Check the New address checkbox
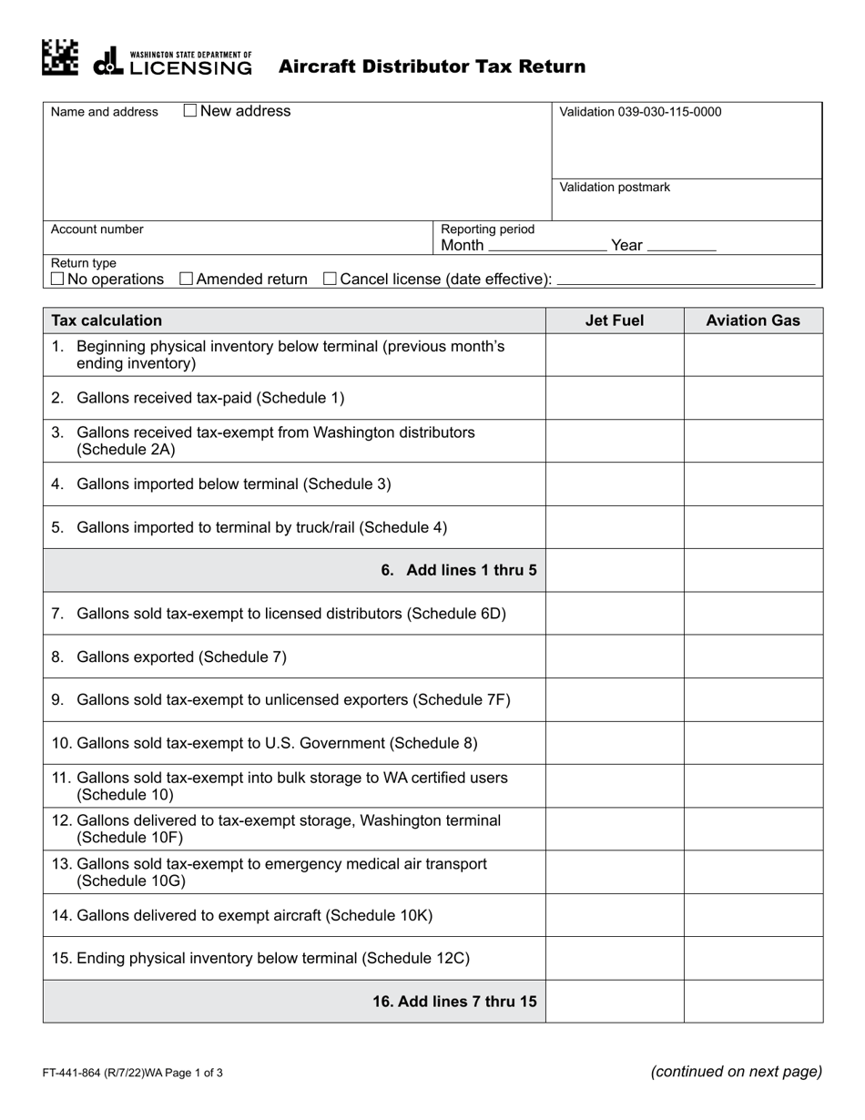pos(190,111)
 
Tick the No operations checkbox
pos(57,279)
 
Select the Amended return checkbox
pos(187,279)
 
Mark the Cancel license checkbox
pos(331,279)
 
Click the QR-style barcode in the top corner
pos(60,56)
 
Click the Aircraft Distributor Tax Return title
pos(432,66)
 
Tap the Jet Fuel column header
pos(614,321)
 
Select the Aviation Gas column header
pos(753,321)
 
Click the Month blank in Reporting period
pos(546,246)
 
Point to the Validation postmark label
pos(615,188)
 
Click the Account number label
pos(97,229)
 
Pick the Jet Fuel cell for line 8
pos(614,657)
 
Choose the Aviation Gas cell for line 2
pos(753,398)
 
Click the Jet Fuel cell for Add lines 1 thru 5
pos(614,570)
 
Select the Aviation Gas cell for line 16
pos(753,1002)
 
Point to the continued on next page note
pos(736,1072)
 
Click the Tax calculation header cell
pos(107,321)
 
